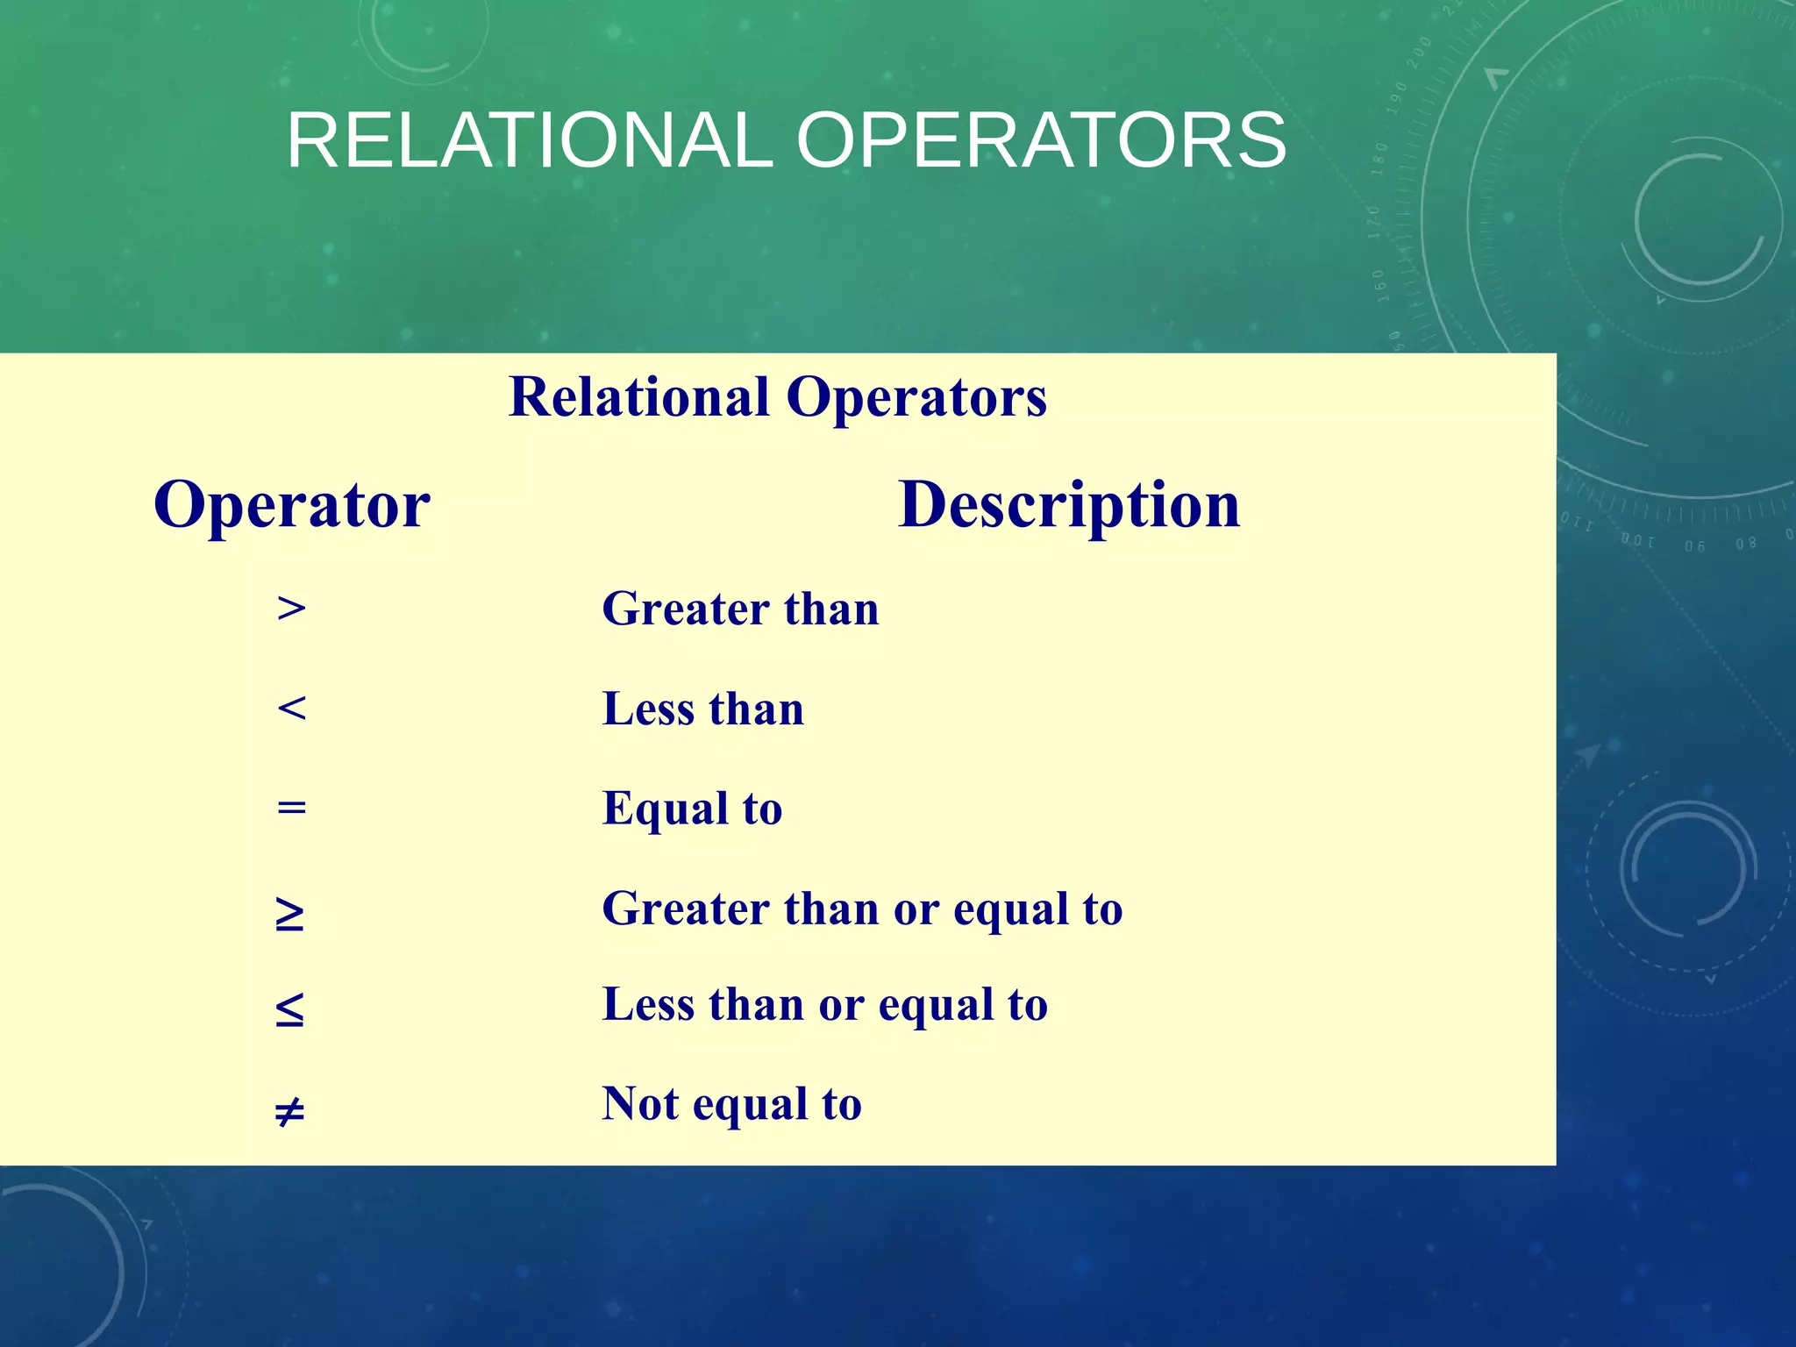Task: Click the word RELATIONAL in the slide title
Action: [530, 140]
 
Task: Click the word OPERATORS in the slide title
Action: [1041, 140]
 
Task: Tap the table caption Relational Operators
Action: [777, 397]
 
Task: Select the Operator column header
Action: [291, 505]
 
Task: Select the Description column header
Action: [1069, 505]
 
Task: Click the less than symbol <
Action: [291, 708]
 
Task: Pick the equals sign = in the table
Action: [291, 807]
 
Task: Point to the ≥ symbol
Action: [289, 915]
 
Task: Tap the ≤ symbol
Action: [289, 1009]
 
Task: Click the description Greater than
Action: [740, 609]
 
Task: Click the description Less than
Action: [702, 709]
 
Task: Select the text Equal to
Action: [692, 809]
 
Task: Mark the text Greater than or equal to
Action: [862, 909]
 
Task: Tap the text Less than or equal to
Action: [824, 1004]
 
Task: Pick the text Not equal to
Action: [731, 1104]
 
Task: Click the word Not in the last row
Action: [640, 1103]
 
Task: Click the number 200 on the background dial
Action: [1418, 53]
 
